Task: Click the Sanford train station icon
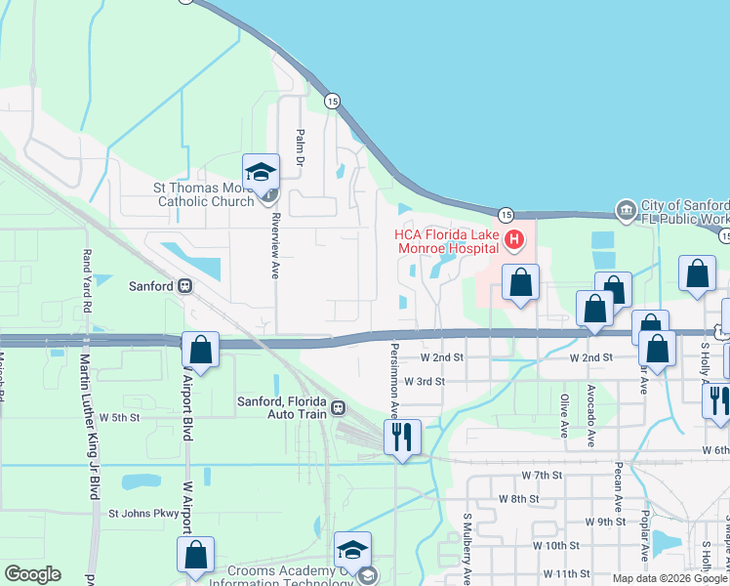(x=183, y=287)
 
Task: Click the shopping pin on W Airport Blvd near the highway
(x=200, y=350)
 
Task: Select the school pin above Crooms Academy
(x=352, y=549)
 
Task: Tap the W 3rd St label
(x=425, y=382)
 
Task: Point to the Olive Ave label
(x=564, y=415)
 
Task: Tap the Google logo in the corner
(x=32, y=574)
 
